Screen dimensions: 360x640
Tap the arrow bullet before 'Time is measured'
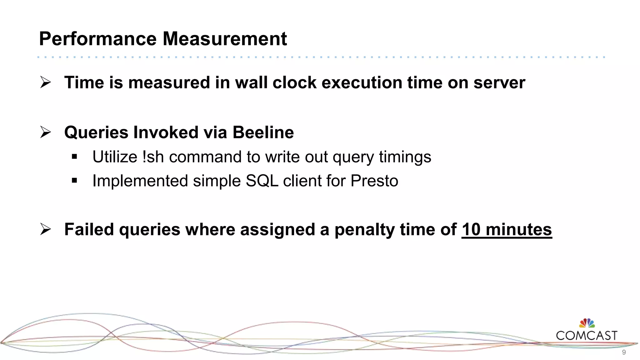click(46, 82)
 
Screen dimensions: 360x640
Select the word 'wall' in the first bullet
click(252, 82)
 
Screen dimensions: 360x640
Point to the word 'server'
click(499, 82)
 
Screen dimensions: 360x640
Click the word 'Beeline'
click(263, 132)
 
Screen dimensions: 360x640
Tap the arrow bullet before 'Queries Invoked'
click(46, 132)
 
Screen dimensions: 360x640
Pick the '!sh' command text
click(153, 157)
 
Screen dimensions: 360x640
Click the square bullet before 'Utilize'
click(74, 157)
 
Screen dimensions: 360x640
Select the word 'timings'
click(405, 157)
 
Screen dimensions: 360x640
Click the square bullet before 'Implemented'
click(74, 180)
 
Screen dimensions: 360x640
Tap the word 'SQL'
click(262, 181)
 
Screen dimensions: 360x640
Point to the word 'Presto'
click(374, 181)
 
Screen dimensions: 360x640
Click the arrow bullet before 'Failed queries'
click(46, 229)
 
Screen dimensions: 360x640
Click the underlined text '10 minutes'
click(507, 230)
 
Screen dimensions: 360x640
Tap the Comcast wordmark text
click(587, 336)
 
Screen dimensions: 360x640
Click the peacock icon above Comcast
click(587, 323)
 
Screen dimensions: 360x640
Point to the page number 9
click(624, 352)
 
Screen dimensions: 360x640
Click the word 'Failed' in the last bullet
click(89, 229)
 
